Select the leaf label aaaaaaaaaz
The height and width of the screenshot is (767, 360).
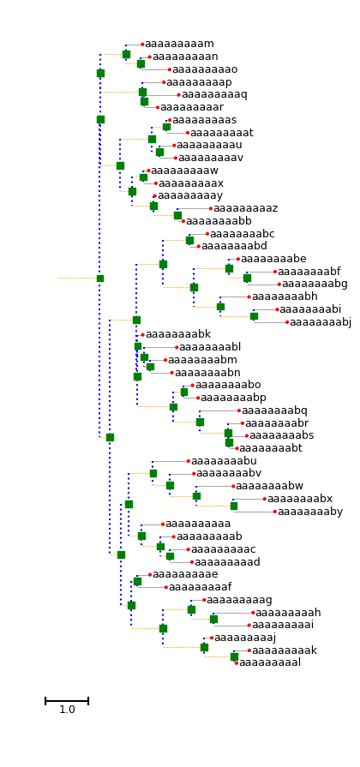pos(245,208)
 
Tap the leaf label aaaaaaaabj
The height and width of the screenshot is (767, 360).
pos(321,322)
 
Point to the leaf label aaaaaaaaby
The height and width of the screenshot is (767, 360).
pos(310,512)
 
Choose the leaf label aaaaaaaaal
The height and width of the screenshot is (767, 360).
pos(269,662)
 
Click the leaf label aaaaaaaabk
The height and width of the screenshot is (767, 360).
pos(178,334)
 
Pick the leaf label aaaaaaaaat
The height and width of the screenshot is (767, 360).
pos(222,133)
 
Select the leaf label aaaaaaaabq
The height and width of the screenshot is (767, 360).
pos(274,410)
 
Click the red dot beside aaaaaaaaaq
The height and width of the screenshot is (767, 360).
pos(178,95)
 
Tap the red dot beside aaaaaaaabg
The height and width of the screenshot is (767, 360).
pos(279,285)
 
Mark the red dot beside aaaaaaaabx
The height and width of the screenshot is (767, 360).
pos(265,499)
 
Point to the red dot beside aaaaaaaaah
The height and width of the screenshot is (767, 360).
pos(253,613)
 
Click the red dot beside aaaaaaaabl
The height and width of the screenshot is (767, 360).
pos(177,347)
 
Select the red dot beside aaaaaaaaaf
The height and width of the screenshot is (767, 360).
pos(165,587)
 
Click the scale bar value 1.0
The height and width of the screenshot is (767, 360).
pos(67,710)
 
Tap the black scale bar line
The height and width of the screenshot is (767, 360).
pos(67,701)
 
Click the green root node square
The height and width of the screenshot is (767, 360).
pos(100,279)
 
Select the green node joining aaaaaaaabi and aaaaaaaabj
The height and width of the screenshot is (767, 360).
pos(254,316)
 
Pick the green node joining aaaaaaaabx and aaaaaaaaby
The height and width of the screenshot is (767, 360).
pos(234,506)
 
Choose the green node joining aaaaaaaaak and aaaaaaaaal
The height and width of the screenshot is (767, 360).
pos(234,657)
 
